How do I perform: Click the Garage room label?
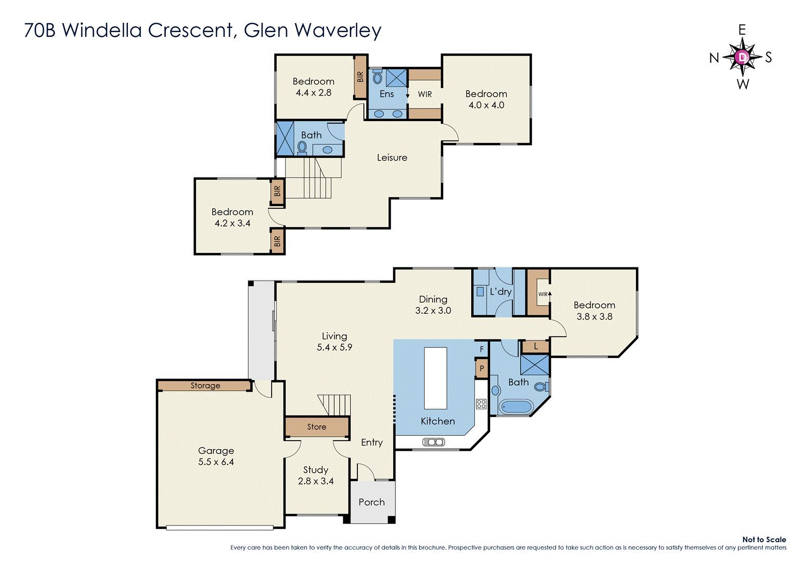tap(216, 451)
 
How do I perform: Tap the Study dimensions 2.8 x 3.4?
tap(315, 481)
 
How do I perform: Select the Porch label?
tap(372, 502)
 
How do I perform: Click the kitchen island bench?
tap(435, 378)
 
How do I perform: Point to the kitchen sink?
tap(433, 442)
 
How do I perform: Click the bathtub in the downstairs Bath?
tap(515, 407)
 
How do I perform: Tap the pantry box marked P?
tap(482, 369)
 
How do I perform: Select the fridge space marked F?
tap(482, 350)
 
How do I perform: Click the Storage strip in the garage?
tap(205, 385)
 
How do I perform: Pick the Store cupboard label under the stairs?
tap(316, 427)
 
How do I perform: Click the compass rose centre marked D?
tap(743, 57)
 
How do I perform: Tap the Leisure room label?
tap(392, 157)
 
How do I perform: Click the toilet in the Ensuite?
tap(377, 78)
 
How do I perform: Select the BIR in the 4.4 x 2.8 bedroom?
tap(360, 77)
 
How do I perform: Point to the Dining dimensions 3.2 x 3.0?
tap(433, 311)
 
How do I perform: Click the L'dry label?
tap(500, 292)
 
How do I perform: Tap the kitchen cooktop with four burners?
tap(481, 404)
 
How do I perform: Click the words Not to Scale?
tap(764, 540)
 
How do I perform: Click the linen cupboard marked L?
tap(536, 346)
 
